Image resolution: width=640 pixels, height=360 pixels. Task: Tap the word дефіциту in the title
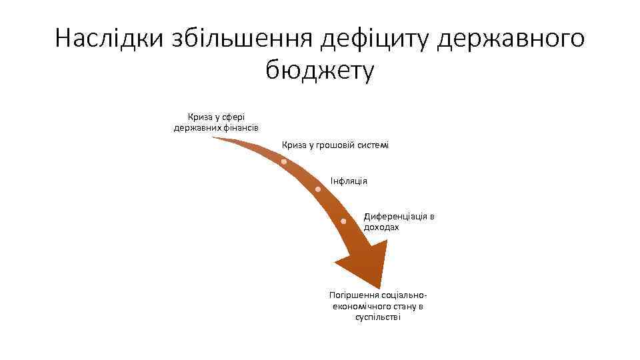point(374,38)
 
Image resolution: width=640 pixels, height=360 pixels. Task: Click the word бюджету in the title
point(320,69)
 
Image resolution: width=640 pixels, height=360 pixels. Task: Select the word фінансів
point(241,127)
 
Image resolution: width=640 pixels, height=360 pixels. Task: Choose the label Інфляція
point(349,181)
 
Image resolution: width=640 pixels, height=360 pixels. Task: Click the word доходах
point(381,227)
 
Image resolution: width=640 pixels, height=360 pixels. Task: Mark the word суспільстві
point(378,317)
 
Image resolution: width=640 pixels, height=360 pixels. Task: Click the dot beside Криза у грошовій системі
point(284,162)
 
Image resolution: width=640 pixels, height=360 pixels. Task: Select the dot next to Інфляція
point(318,190)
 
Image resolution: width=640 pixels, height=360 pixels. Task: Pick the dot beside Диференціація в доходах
point(343,221)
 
